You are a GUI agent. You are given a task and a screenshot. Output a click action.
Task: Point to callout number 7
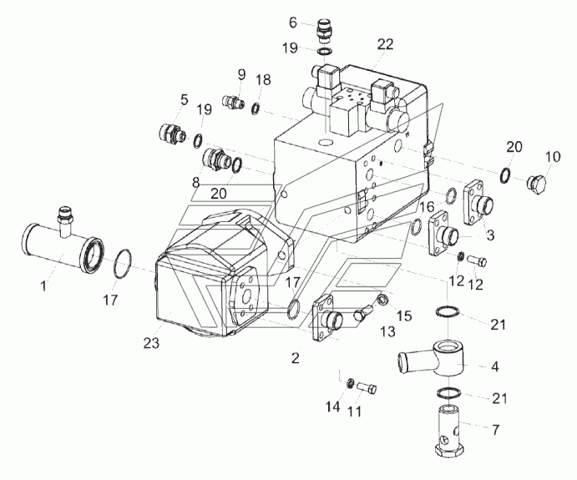coord(495,431)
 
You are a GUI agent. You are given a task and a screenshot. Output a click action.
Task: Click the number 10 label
coord(553,156)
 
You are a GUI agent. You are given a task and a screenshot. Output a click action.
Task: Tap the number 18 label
coord(264,80)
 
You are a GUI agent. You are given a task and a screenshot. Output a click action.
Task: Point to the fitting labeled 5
coord(172,133)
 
